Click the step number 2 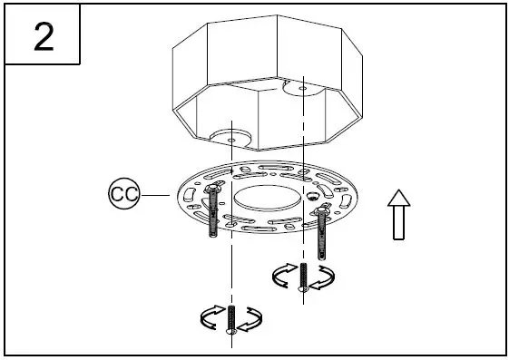pos(44,36)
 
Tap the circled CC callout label pos(123,193)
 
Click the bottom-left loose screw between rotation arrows pos(231,320)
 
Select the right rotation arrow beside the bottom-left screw pos(251,316)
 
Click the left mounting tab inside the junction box pos(229,136)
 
